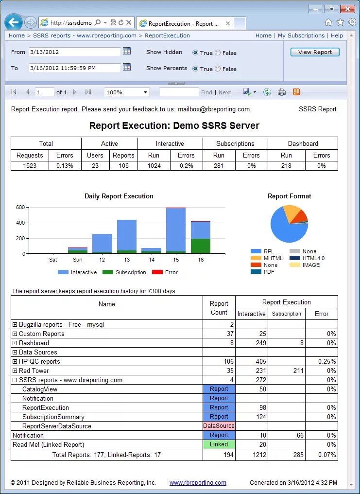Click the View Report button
pyautogui.click(x=315, y=52)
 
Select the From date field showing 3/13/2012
pyautogui.click(x=74, y=52)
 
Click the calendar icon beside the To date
pyautogui.click(x=127, y=67)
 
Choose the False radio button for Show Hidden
pyautogui.click(x=218, y=53)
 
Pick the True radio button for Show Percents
pyautogui.click(x=195, y=69)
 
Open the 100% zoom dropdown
pyautogui.click(x=126, y=92)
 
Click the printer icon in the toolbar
pyautogui.click(x=281, y=92)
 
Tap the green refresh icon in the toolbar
pyautogui.click(x=267, y=92)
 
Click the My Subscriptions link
pyautogui.click(x=301, y=35)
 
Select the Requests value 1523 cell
pyautogui.click(x=30, y=166)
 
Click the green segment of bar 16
pyautogui.click(x=201, y=246)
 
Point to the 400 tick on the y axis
pyautogui.click(x=20, y=223)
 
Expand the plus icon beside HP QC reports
pyautogui.click(x=15, y=362)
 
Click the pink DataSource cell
pyautogui.click(x=219, y=426)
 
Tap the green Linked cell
pyautogui.click(x=219, y=444)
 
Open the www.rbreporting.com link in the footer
pyautogui.click(x=198, y=483)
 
